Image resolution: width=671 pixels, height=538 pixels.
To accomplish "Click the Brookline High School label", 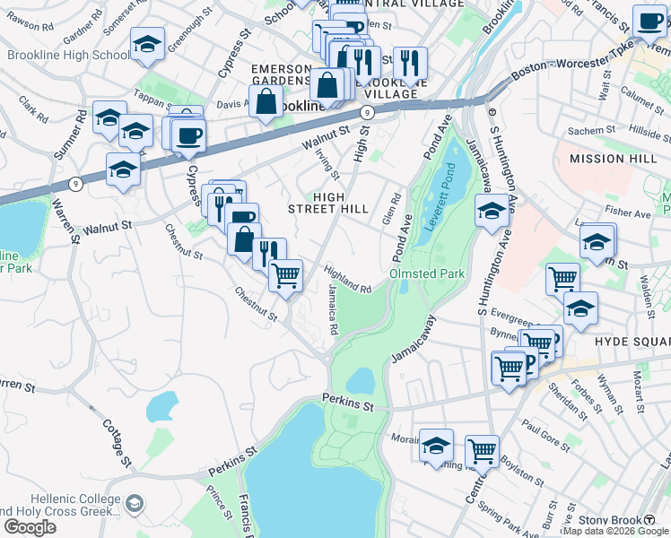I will (x=68, y=55).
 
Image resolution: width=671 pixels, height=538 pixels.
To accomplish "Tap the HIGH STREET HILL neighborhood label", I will (x=327, y=203).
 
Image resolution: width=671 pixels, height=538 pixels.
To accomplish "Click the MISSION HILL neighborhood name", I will (x=608, y=159).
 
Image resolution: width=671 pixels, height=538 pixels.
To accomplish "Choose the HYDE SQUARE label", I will (x=632, y=343).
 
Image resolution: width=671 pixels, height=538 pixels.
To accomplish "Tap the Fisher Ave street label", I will (x=628, y=214).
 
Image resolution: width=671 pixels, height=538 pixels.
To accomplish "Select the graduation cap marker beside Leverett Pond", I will (x=492, y=212).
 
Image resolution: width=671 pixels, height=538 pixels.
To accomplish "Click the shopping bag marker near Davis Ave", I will (x=266, y=100).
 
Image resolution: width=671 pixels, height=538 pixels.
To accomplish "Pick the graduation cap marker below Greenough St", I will (x=147, y=44).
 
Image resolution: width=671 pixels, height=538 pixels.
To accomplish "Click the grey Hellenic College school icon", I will (x=135, y=503).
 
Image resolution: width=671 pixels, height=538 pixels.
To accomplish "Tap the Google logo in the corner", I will (x=30, y=527).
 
